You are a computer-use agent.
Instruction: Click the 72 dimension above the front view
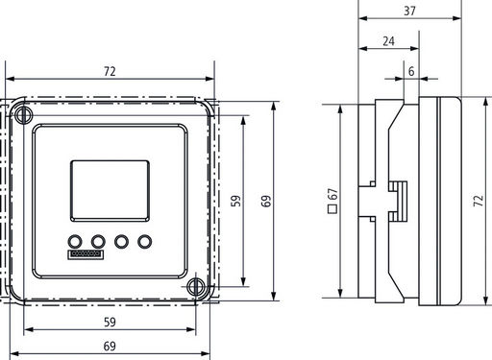[110, 71]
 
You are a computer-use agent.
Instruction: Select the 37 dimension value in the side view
[409, 11]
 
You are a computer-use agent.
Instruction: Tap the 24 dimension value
[388, 41]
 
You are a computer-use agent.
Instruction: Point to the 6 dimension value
[411, 71]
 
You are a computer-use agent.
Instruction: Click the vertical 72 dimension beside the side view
[479, 201]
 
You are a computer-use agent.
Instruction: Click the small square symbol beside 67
[332, 209]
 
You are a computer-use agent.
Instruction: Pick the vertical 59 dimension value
[236, 201]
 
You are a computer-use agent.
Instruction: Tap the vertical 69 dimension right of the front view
[266, 201]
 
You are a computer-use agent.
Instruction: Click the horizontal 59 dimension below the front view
[110, 322]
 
